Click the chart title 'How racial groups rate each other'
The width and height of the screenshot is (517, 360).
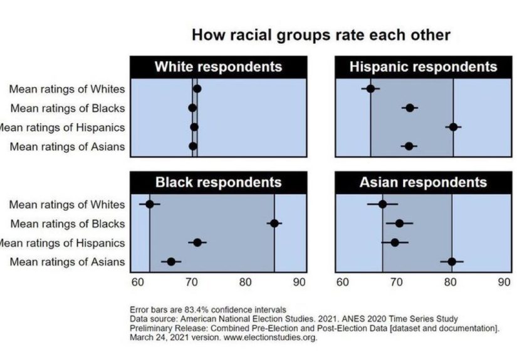[x=320, y=34]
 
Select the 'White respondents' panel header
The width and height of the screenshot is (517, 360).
[x=218, y=67]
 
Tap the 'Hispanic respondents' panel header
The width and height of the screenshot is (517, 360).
[x=424, y=67]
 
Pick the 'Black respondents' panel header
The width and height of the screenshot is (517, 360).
[x=218, y=182]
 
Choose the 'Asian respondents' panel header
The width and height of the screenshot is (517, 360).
[x=423, y=182]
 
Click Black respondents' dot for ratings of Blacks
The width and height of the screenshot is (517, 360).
[x=274, y=223]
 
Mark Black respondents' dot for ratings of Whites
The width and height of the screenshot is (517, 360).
[x=150, y=204]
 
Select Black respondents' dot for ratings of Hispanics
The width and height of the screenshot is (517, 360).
[x=197, y=242]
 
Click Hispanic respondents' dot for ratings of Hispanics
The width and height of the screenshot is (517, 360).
[x=453, y=126]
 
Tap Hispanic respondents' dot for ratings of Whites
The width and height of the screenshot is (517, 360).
[x=370, y=88]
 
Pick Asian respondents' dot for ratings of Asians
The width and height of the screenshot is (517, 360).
[x=451, y=261]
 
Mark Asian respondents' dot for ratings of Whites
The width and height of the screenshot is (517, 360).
[x=382, y=204]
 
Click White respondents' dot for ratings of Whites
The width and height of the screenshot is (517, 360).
[x=197, y=88]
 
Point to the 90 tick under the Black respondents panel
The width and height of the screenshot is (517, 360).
[x=300, y=282]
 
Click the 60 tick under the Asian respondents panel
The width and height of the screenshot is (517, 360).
[x=342, y=282]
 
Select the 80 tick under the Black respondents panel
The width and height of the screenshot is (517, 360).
[x=246, y=282]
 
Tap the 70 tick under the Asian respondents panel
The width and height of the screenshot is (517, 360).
[x=396, y=282]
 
